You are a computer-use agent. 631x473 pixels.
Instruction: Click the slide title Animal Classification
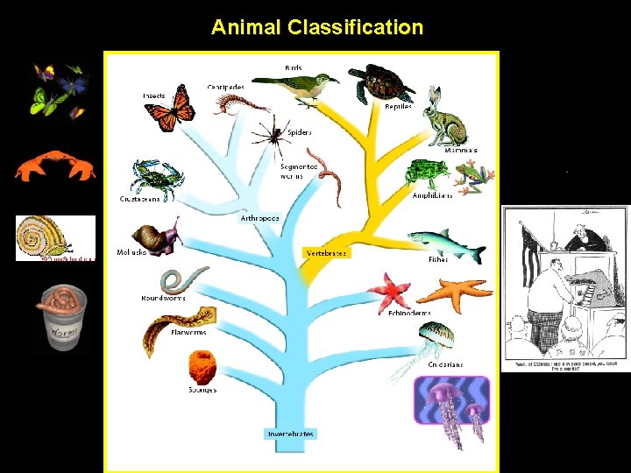tap(316, 27)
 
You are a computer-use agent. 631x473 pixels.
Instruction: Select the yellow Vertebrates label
tap(326, 252)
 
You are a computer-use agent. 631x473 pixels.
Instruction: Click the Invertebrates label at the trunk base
tap(290, 434)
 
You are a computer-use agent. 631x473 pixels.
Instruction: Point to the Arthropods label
tap(259, 217)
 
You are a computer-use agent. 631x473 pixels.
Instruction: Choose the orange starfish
tap(455, 293)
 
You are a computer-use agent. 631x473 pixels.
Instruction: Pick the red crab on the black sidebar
tap(55, 165)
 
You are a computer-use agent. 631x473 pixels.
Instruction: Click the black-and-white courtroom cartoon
tap(564, 288)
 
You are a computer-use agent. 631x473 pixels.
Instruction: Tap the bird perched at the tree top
tap(302, 88)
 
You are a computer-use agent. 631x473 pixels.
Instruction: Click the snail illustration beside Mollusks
tap(155, 236)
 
